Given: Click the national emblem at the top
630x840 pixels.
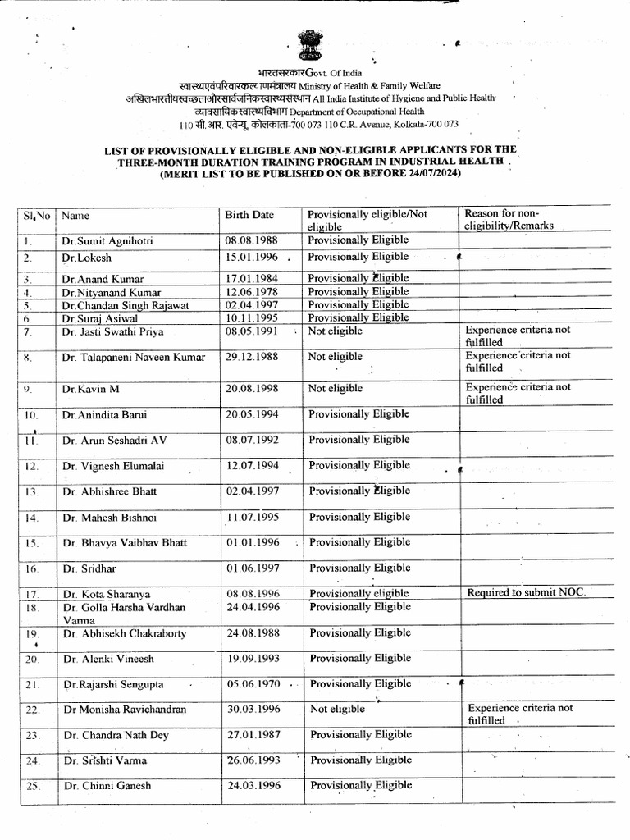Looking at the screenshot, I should (x=313, y=47).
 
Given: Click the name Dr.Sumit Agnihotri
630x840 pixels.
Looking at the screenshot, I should (x=107, y=242).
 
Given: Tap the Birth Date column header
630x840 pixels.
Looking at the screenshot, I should (x=249, y=216).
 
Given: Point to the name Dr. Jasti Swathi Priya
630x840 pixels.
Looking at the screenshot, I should (x=112, y=331).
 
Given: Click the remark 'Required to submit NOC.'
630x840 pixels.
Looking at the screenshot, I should (x=526, y=592).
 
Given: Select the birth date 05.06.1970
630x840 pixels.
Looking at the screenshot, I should (x=253, y=684).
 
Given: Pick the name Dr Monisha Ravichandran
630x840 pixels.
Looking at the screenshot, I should (x=125, y=710).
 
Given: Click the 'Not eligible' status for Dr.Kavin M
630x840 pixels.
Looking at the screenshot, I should (x=335, y=389).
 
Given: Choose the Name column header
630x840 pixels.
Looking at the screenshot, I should (x=75, y=216).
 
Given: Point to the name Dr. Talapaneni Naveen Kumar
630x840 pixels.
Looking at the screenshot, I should (x=132, y=358).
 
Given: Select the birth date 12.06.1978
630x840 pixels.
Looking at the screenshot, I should (x=249, y=292).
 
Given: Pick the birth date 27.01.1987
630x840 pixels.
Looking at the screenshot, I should (x=254, y=735).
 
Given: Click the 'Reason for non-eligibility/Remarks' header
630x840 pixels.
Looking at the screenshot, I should (x=509, y=219).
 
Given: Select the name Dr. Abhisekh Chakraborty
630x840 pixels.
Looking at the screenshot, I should (x=124, y=633).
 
